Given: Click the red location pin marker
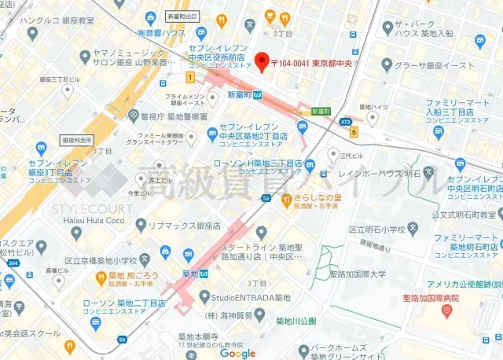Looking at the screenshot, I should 263,60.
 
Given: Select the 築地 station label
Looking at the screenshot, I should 189,274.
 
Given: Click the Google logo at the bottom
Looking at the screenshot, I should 237,354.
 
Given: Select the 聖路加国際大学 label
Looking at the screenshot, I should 358,274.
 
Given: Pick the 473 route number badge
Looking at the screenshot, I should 345,122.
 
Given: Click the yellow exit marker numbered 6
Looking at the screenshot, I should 354,131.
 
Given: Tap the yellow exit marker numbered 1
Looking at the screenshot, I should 189,77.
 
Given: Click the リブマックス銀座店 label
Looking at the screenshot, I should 185,226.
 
